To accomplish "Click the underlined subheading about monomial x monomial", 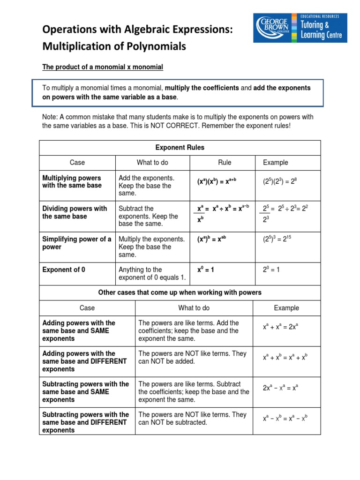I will tap(103, 67).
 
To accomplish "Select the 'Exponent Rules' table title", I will tap(180, 148).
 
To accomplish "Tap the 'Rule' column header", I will tap(225, 163).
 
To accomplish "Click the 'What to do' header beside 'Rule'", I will tap(152, 163).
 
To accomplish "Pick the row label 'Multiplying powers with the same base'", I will tap(72, 182).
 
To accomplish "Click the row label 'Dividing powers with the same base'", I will tap(75, 212).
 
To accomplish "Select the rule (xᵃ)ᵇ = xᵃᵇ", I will tap(215, 240).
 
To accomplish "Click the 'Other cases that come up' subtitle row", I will tap(180, 292).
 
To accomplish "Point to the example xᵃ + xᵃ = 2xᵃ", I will tap(280, 327).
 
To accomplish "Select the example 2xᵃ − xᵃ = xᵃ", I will tap(281, 388).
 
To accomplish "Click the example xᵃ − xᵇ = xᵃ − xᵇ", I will tap(285, 419).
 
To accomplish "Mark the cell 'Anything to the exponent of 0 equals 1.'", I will tap(152, 274).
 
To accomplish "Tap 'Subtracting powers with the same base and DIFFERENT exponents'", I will tap(85, 422).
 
